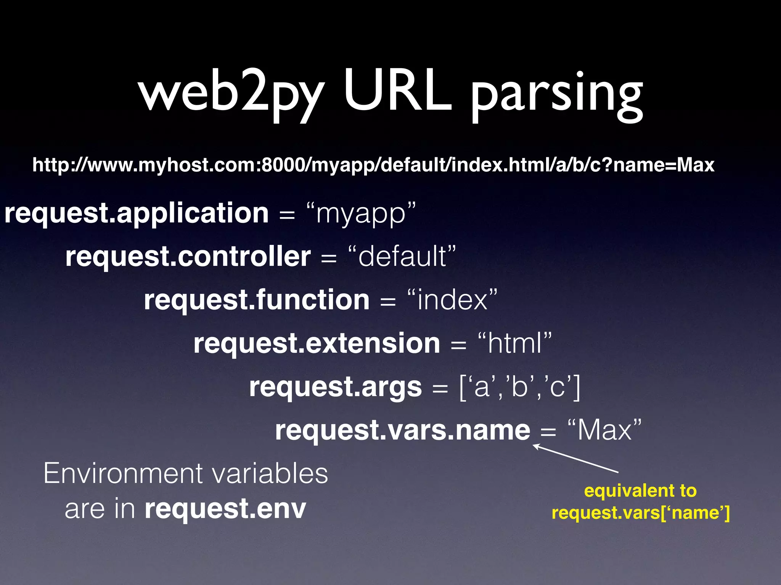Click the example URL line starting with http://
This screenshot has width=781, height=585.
click(373, 165)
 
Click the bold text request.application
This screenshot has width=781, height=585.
click(137, 213)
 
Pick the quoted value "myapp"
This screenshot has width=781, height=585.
click(361, 213)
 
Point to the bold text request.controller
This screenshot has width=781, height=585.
click(188, 256)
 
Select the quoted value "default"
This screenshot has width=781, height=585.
click(402, 256)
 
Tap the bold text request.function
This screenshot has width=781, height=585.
click(257, 300)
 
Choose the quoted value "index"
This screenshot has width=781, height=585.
click(452, 300)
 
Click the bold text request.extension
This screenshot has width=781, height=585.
click(317, 343)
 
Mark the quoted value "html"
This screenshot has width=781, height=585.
click(514, 343)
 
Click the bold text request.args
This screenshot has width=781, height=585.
click(336, 387)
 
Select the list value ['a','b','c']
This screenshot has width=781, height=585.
click(520, 387)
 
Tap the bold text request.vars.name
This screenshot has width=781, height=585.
click(403, 430)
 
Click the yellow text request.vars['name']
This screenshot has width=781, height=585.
click(641, 513)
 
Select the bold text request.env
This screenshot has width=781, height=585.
click(225, 509)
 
